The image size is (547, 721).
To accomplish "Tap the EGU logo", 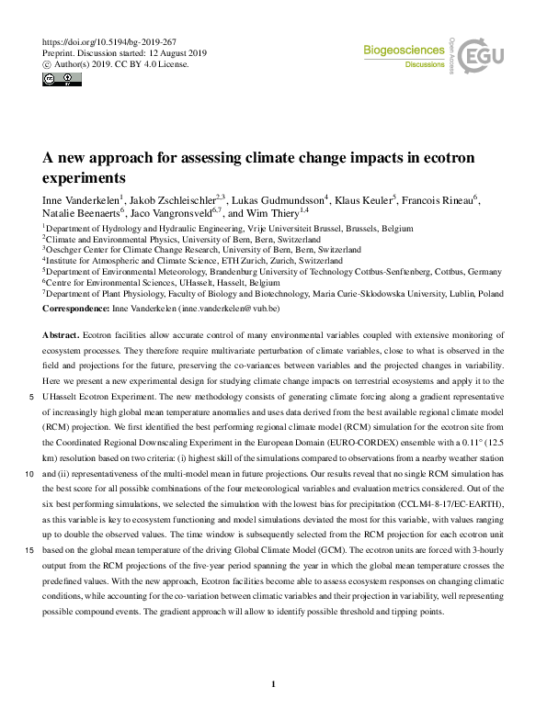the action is pos(482,56).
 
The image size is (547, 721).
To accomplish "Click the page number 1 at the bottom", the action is pos(274,683).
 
